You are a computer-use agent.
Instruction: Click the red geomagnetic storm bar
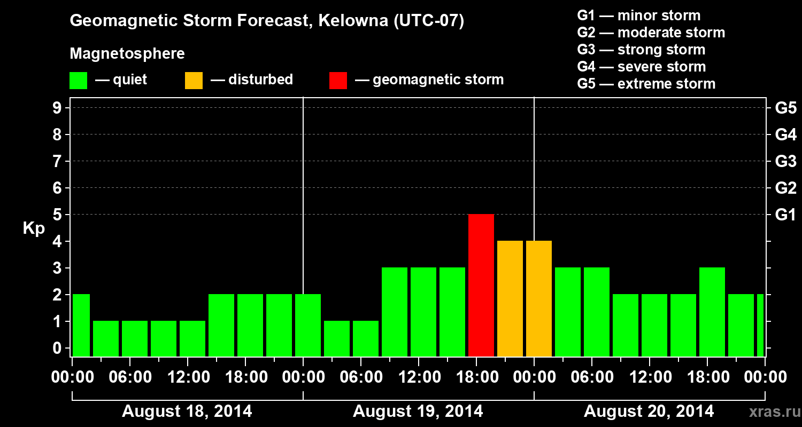click(x=481, y=285)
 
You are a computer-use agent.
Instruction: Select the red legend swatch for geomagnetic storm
click(x=338, y=80)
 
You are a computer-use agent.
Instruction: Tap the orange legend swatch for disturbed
click(x=194, y=80)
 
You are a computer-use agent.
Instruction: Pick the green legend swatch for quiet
click(x=78, y=80)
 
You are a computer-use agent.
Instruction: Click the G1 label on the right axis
click(x=785, y=215)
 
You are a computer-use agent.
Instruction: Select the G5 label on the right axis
click(x=785, y=108)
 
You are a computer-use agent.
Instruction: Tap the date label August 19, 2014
click(x=418, y=412)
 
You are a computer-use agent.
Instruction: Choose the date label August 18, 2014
click(x=187, y=412)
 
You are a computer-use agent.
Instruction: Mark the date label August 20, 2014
click(x=649, y=412)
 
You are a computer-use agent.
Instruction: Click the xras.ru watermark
click(x=770, y=412)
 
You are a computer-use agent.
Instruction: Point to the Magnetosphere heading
click(x=127, y=54)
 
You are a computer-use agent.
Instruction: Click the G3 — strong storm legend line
click(x=641, y=50)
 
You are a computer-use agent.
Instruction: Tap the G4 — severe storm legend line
click(x=642, y=67)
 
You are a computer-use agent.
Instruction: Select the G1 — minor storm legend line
click(x=638, y=15)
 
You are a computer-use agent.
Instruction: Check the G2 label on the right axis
click(x=785, y=188)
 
